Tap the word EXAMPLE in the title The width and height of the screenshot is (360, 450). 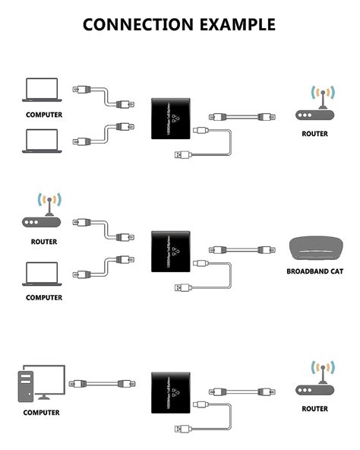coord(236,24)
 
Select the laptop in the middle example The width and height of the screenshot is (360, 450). coord(43,274)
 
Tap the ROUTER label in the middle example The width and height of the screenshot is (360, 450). coord(44,242)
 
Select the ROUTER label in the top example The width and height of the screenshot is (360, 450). coord(314,134)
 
